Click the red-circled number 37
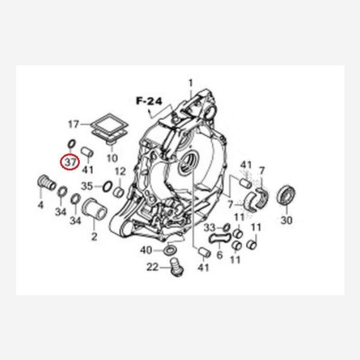(70, 163)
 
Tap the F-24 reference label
(149, 101)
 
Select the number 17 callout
(74, 124)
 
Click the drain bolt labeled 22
(176, 267)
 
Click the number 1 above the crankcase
(191, 83)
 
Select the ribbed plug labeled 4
(47, 183)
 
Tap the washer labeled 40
(170, 250)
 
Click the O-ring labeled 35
(107, 186)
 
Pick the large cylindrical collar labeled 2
(94, 209)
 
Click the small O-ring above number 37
(71, 144)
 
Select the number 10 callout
(112, 158)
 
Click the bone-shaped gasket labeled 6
(220, 239)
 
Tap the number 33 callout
(209, 228)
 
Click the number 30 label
(287, 220)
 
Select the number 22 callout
(152, 267)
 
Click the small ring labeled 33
(227, 227)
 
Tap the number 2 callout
(94, 237)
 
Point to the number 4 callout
(40, 205)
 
